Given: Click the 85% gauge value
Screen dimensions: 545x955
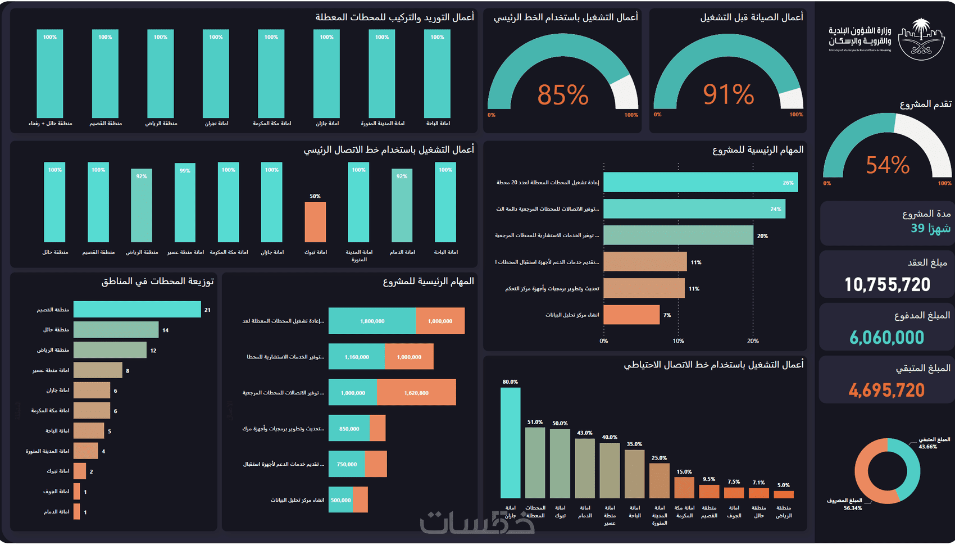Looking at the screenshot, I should coord(562,95).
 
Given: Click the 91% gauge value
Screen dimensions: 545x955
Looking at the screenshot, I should coord(728,94).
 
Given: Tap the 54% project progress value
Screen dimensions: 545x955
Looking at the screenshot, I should coord(887,165).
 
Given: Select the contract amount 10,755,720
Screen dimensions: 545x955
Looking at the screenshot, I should coord(887,285).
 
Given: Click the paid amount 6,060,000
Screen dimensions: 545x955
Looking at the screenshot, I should coord(886,338).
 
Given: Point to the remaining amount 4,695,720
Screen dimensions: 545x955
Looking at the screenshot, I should coord(886,390).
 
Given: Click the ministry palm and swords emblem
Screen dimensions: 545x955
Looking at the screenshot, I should coord(921,39).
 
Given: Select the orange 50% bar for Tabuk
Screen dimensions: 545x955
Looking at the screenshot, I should coord(315,222).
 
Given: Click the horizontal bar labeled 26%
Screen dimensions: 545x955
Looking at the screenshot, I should coord(700,183).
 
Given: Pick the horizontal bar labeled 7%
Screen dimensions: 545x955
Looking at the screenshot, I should coord(631,315).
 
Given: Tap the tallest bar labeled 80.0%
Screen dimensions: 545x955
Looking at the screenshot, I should coord(510,443).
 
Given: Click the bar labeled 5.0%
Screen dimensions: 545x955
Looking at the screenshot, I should coord(783,494).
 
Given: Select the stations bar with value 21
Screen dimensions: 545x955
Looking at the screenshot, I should coord(137,310).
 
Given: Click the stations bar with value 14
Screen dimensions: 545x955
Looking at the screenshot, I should coord(116,330).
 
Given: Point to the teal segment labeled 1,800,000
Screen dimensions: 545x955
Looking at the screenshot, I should coord(372,321).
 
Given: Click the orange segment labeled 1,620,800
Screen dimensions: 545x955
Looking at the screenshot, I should coord(416,392).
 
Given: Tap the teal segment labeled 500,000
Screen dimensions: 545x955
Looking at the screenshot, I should coord(340,499).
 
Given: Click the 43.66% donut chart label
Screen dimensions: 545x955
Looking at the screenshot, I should coord(928,447).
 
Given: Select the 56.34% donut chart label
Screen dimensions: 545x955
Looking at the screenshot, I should coord(852,508).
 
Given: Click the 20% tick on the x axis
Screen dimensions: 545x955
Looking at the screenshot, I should coord(753,341).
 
